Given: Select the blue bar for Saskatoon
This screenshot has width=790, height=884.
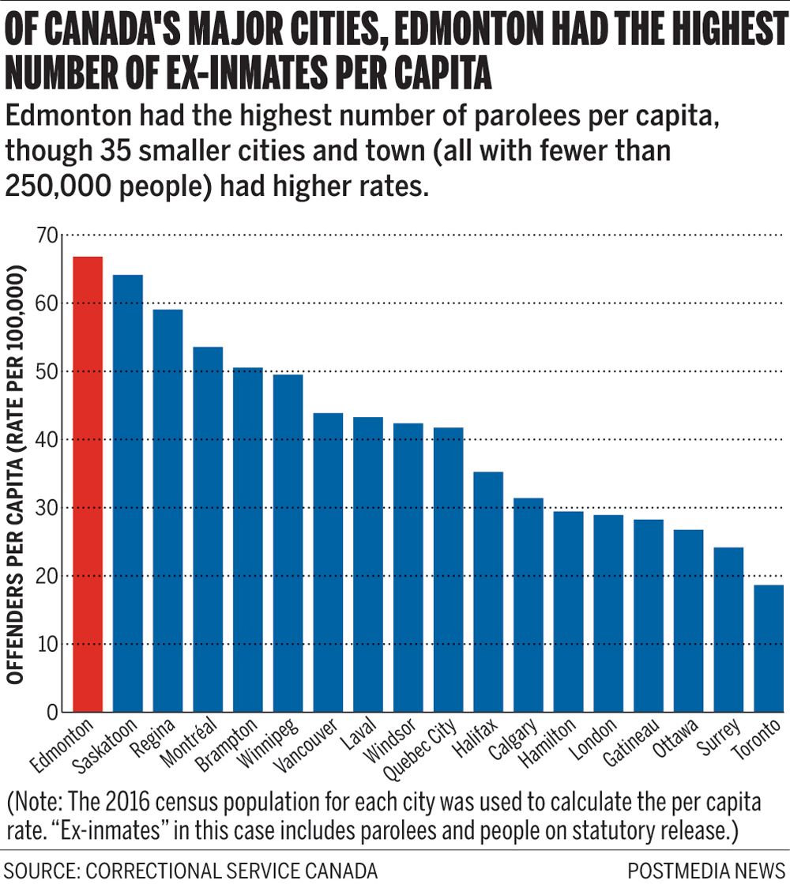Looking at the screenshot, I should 128,493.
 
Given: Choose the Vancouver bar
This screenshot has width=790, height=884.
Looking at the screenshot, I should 328,562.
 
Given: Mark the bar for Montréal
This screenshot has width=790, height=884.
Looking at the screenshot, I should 208,529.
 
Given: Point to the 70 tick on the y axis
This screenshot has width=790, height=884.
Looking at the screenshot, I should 47,235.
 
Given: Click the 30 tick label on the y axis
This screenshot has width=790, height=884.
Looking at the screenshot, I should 47,508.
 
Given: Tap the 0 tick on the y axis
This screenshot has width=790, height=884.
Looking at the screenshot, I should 52,713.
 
